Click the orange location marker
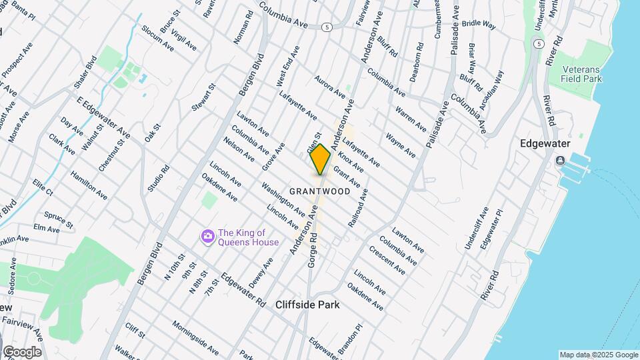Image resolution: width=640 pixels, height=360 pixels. pos(320,159)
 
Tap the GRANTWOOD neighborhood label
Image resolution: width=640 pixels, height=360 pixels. pos(320,191)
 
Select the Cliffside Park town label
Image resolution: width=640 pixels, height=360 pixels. pos(307,305)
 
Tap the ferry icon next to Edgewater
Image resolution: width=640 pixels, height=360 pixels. pos(560,161)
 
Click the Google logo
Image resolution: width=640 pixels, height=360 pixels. pos(22,351)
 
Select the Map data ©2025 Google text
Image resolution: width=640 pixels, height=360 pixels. pos(598,355)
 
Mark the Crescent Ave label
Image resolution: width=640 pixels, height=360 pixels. pos(387,262)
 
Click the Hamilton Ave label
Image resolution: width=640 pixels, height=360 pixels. pos(89,184)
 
